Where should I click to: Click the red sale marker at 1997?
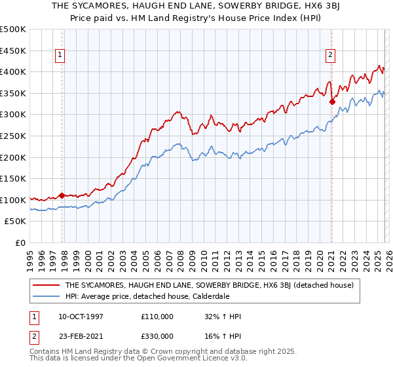62,195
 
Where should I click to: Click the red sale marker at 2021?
332,102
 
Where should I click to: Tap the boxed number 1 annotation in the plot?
60,56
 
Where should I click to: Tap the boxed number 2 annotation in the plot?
330,56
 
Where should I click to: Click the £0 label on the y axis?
20,243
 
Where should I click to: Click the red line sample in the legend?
47,285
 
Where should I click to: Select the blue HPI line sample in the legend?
47,297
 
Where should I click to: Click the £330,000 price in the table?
157,336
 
